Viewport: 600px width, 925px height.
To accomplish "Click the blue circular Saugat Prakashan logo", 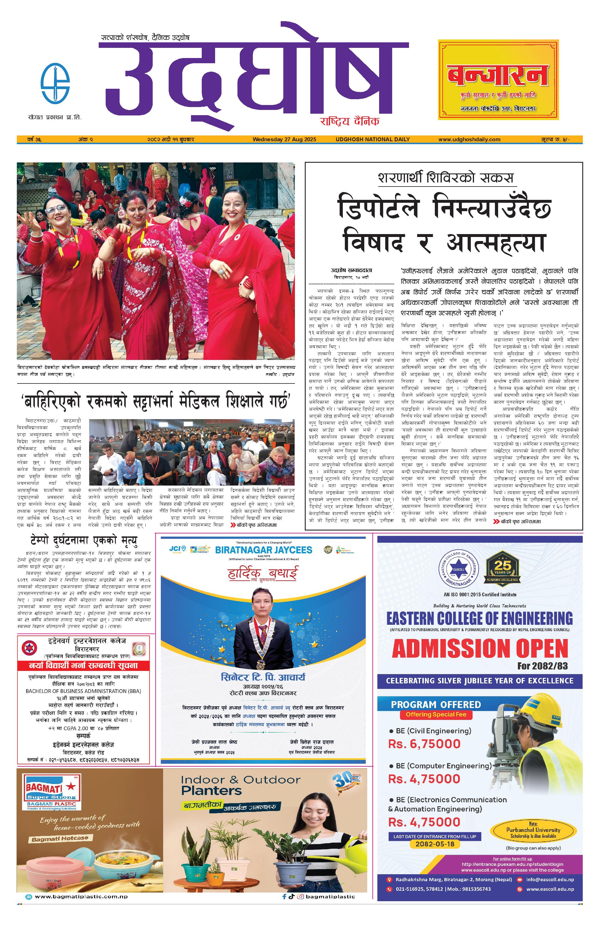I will point(55,83).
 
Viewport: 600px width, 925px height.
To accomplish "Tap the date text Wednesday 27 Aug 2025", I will point(284,139).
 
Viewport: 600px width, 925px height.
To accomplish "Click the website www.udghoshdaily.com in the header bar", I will point(469,139).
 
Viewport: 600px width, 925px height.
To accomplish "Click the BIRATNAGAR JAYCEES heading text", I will point(263,550).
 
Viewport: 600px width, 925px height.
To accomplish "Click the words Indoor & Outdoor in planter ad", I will point(240,780).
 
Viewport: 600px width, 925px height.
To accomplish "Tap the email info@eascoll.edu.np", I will point(550,879).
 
